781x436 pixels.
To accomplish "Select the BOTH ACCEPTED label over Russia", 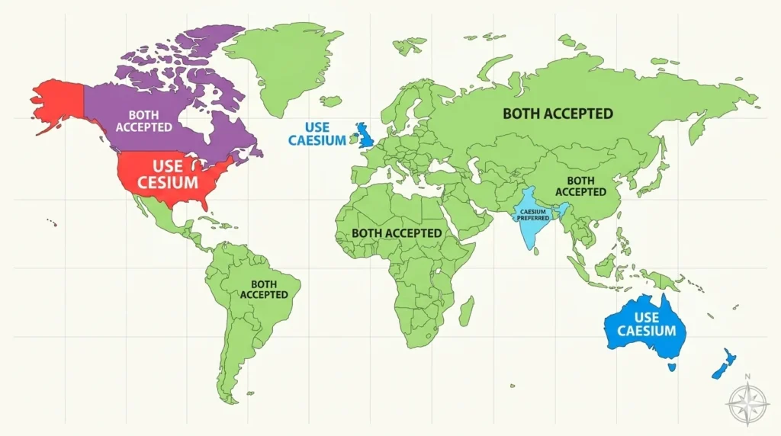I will pyautogui.click(x=558, y=114).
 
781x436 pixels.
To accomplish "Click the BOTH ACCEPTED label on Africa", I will pyautogui.click(x=397, y=232).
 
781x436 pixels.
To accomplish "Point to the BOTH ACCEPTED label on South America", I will pyautogui.click(x=264, y=289).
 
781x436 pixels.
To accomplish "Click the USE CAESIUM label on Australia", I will pyautogui.click(x=646, y=324).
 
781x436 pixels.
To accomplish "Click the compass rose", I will pyautogui.click(x=747, y=403).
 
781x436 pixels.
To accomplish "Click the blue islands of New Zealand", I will pyautogui.click(x=722, y=364).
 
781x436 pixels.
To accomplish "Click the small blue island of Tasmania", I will pyautogui.click(x=672, y=367).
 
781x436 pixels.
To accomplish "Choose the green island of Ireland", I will pyautogui.click(x=354, y=139).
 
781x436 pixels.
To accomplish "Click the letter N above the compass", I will pyautogui.click(x=747, y=376).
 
